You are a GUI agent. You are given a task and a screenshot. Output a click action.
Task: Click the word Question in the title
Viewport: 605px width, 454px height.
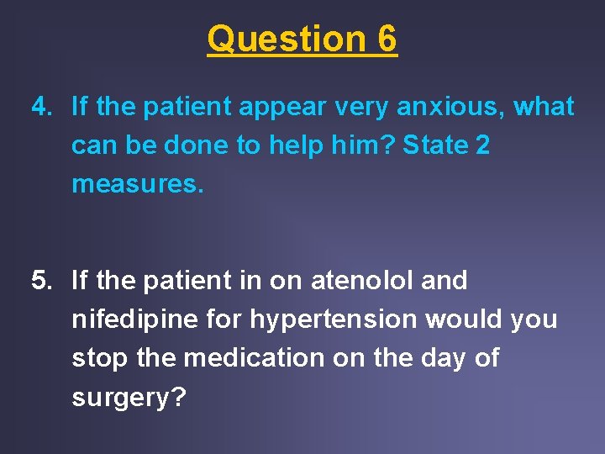274,40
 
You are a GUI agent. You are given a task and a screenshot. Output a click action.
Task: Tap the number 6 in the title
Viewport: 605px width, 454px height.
387,40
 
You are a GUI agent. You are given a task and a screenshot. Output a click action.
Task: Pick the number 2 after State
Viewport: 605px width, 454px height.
482,145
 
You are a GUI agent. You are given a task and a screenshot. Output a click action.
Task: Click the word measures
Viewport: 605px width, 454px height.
137,184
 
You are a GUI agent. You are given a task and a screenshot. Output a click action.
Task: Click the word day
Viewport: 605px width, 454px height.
428,359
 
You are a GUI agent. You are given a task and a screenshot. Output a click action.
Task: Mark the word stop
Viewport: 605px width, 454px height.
96,359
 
